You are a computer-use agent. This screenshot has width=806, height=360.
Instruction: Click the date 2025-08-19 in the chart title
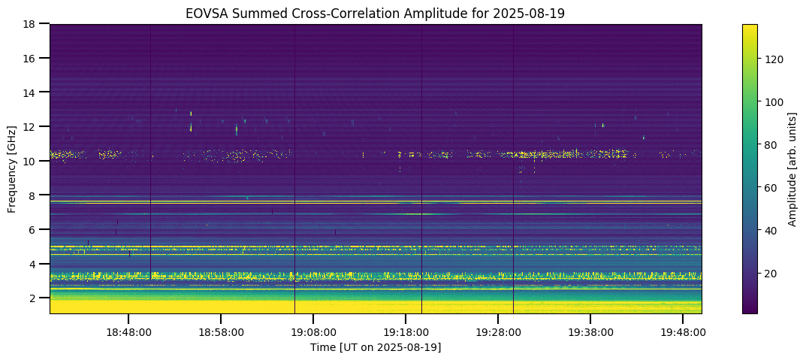point(531,13)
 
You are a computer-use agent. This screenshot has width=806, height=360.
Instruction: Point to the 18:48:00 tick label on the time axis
point(128,331)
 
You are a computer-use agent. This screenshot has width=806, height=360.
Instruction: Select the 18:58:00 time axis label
point(221,331)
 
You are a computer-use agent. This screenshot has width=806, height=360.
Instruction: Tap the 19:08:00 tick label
point(313,331)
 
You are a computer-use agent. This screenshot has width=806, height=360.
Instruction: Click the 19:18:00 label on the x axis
point(406,331)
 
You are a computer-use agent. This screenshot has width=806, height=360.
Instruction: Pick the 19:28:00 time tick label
point(498,331)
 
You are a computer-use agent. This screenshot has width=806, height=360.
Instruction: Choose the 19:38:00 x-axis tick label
point(590,331)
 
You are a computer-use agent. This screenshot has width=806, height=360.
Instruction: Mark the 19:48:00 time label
point(682,331)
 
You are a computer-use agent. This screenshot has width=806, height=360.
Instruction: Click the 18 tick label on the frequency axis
point(29,24)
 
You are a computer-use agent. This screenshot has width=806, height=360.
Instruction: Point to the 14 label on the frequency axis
point(29,92)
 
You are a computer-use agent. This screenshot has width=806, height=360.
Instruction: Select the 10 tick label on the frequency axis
point(29,161)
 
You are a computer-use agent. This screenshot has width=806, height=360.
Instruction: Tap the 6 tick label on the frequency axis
point(32,229)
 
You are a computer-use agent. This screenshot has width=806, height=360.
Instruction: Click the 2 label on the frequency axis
point(32,298)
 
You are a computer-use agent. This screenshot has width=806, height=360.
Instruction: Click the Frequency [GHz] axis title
point(12,169)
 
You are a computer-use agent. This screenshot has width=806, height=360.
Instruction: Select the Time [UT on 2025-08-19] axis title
point(376,347)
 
